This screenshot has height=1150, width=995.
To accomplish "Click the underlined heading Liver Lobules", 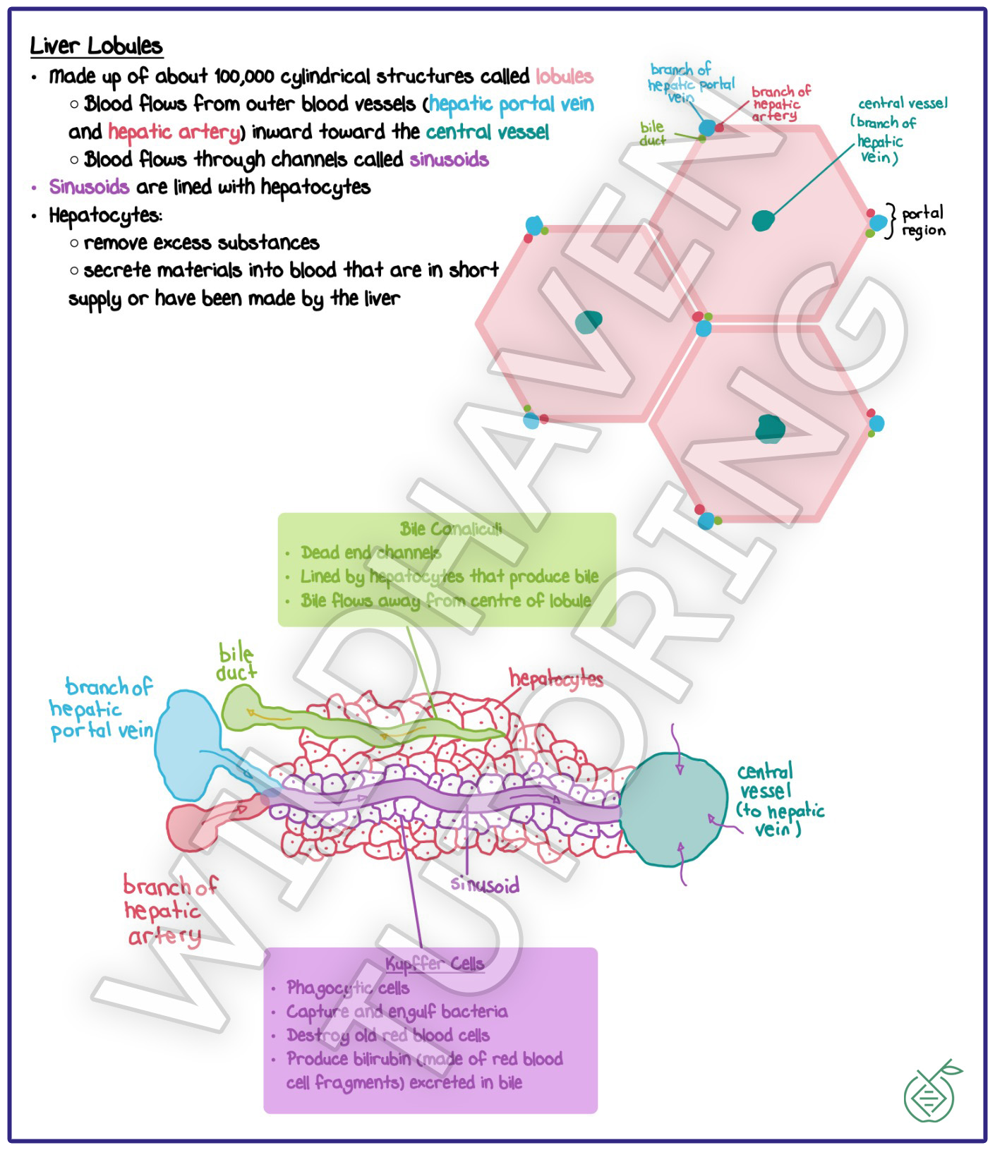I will pyautogui.click(x=96, y=47).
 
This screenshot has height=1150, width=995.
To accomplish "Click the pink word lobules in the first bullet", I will pyautogui.click(x=564, y=76).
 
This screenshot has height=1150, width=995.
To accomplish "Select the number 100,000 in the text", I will pyautogui.click(x=244, y=76).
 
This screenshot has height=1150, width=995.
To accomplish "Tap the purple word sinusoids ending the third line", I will pyautogui.click(x=449, y=159).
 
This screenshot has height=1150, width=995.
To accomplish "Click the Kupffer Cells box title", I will pyautogui.click(x=435, y=964).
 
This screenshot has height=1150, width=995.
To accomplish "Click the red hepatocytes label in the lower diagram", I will pyautogui.click(x=556, y=679).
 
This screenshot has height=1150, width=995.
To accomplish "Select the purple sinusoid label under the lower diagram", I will pyautogui.click(x=485, y=885).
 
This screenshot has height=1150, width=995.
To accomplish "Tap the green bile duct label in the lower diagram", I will pyautogui.click(x=236, y=662).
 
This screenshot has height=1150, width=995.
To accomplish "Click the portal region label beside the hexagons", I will pyautogui.click(x=923, y=222).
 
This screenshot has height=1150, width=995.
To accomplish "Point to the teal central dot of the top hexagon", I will pyautogui.click(x=763, y=221).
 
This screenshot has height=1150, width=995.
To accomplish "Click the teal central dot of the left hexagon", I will pyautogui.click(x=588, y=322).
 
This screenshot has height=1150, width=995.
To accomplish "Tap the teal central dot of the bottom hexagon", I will pyautogui.click(x=770, y=428).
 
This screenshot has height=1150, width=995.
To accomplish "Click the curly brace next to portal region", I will pyautogui.click(x=892, y=221).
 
